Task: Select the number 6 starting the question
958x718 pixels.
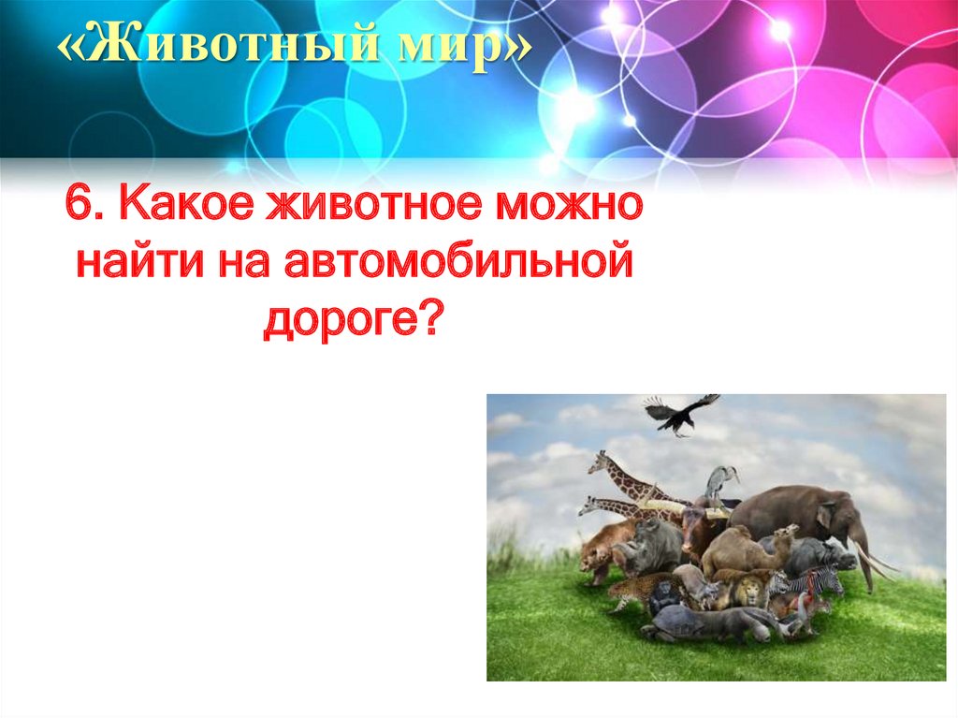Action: point(82,205)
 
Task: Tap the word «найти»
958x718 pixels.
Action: point(138,264)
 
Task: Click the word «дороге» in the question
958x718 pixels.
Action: point(339,322)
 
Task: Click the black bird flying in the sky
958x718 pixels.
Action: point(680,413)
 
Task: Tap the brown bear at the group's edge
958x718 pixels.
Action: point(600,552)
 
